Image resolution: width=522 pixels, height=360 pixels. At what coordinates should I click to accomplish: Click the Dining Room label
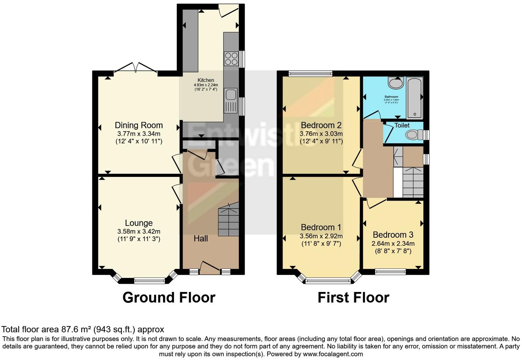coord(139,125)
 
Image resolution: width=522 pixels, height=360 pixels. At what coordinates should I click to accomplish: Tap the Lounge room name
coord(139,223)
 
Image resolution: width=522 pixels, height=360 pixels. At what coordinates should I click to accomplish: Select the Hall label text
coord(201,238)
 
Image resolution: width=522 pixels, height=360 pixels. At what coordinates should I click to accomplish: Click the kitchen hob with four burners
coord(231,58)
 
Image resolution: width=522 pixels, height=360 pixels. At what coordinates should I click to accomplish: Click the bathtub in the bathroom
coord(415,97)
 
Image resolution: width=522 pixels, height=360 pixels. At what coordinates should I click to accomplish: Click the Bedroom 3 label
coord(393,235)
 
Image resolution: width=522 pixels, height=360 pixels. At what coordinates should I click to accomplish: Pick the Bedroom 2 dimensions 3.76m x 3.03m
coord(321,134)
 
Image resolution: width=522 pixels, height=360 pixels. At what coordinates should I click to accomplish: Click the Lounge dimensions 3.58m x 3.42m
coord(139,232)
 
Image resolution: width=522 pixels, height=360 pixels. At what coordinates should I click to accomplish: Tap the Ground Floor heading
coord(169,297)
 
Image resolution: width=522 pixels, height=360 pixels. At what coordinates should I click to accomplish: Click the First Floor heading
coord(353,297)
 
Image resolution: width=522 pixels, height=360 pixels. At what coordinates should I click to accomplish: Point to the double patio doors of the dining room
coord(136,67)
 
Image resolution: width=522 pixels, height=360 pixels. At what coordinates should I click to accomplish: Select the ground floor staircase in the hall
coord(229,220)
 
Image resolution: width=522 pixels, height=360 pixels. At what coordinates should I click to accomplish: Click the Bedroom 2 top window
coord(310,73)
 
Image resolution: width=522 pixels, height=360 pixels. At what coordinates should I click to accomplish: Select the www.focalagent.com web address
coord(332,354)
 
